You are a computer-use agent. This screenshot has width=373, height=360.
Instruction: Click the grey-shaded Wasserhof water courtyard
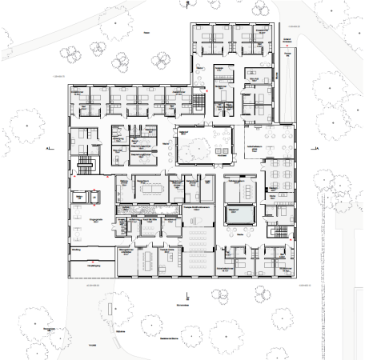[x=240, y=214]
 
